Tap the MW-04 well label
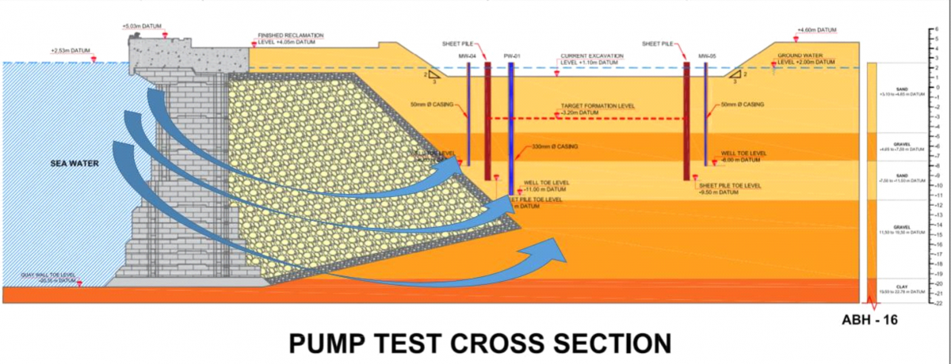467,56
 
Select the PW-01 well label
511,56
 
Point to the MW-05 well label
707,56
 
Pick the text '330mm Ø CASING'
555,147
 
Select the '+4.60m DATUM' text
816,30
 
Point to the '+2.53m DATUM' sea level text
72,51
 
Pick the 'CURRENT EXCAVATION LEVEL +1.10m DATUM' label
591,59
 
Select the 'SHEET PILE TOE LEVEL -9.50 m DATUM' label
729,188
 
